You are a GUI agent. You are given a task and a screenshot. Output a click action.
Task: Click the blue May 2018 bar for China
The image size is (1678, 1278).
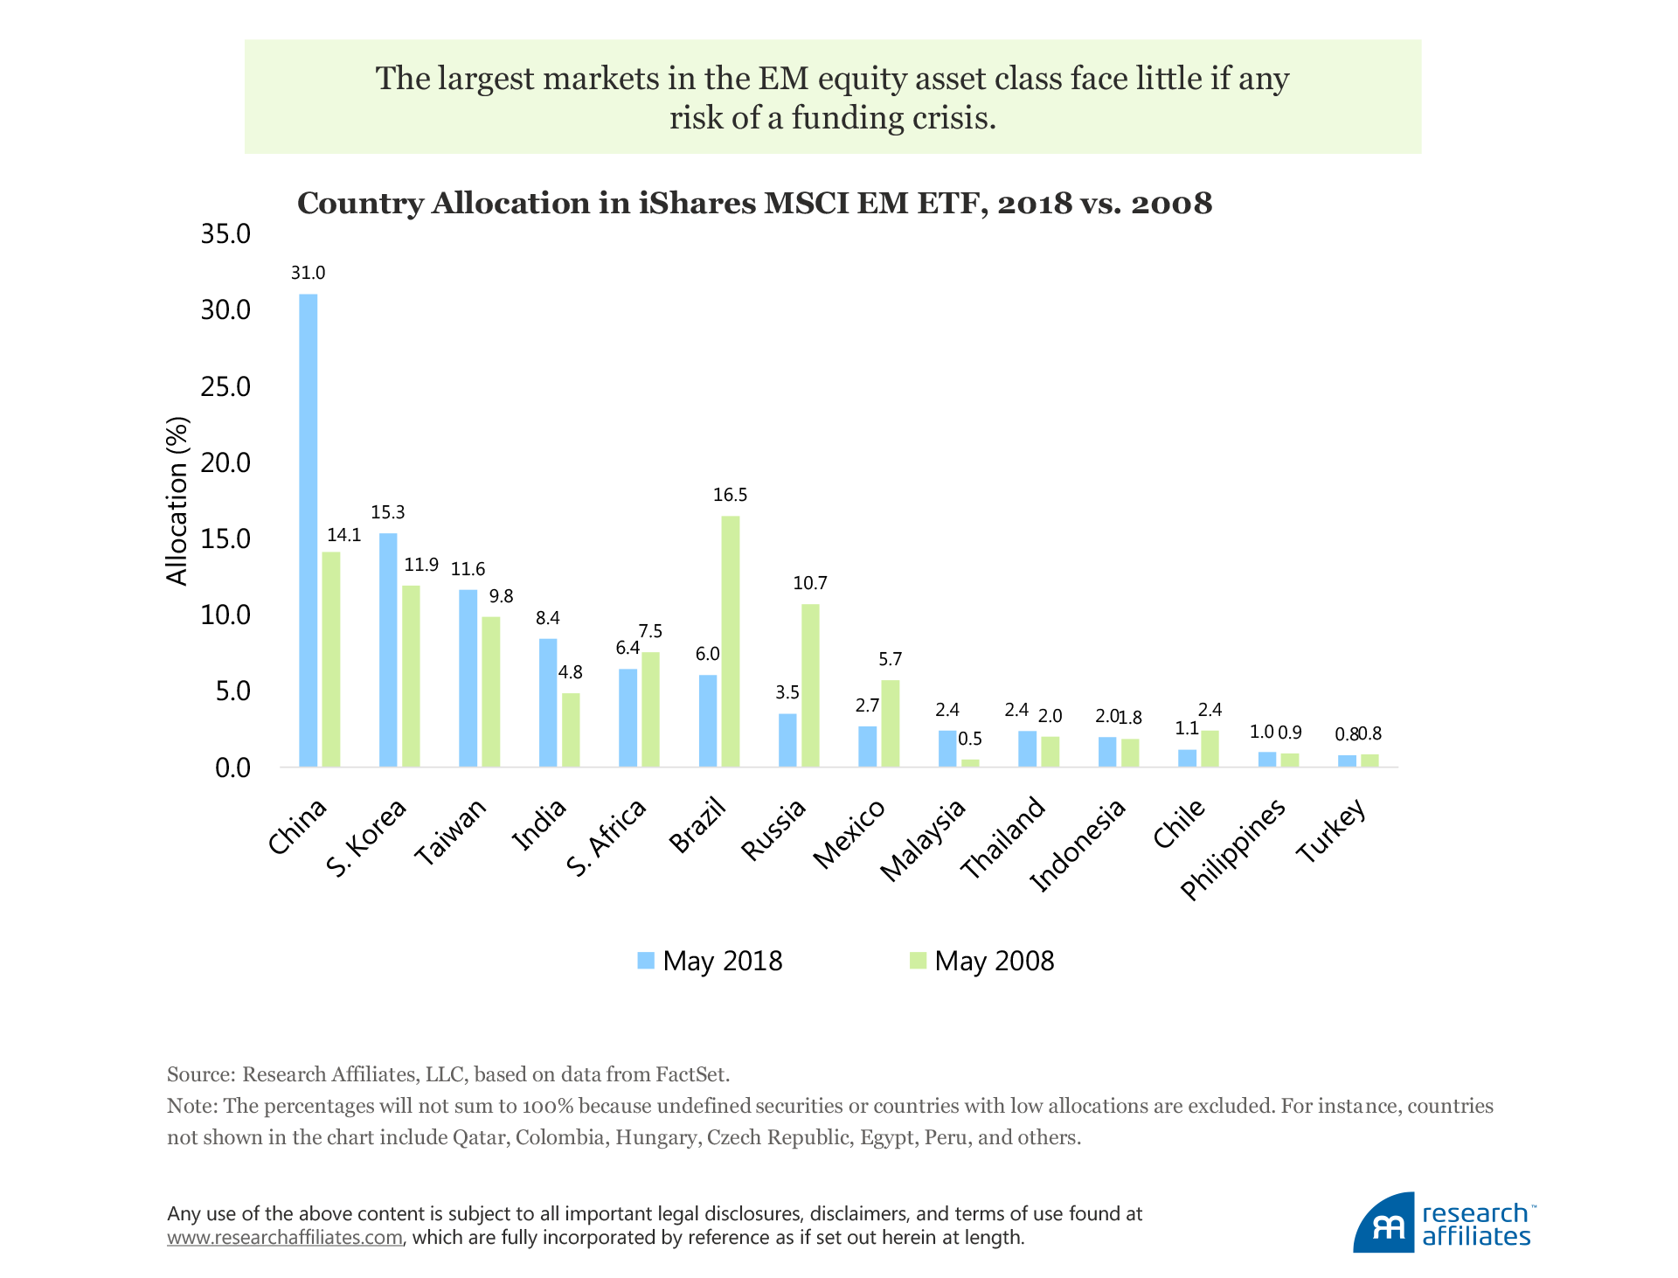pos(308,530)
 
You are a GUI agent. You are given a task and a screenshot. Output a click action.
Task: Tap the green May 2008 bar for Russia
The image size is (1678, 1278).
pos(810,685)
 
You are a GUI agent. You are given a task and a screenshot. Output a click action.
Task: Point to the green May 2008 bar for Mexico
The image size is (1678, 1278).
pos(890,723)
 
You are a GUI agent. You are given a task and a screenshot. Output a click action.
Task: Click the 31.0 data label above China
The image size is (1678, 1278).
pos(308,273)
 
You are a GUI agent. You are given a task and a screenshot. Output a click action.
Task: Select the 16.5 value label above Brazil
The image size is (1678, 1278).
pos(730,495)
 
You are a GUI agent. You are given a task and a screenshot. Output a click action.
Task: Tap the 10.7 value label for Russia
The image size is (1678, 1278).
pos(810,583)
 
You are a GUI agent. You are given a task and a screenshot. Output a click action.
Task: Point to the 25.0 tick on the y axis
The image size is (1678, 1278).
pos(225,386)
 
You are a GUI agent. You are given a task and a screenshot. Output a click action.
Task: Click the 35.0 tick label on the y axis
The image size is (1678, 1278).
pos(225,234)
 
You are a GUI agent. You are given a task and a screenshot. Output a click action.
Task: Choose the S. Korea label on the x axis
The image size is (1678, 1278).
pos(366,838)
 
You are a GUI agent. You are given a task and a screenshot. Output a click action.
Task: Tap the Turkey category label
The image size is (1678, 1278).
pos(1330,832)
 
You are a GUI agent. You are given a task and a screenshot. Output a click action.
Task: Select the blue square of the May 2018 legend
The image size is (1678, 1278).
pos(646,961)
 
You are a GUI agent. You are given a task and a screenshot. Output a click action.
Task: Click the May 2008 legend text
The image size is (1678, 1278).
pos(994,961)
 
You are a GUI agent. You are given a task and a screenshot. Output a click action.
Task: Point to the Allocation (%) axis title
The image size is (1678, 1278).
pos(177,501)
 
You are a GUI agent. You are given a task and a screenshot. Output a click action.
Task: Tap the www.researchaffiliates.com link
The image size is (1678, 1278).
pos(285,1238)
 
